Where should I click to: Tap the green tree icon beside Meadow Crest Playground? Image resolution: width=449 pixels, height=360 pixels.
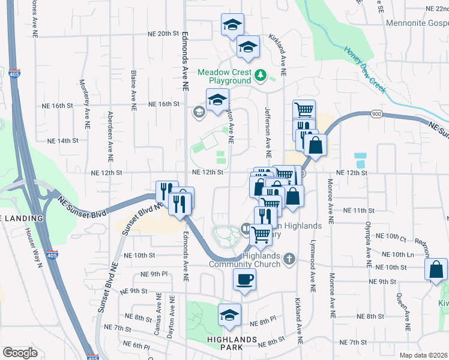pos(261,75)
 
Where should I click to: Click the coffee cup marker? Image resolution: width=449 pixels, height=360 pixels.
pos(244,279)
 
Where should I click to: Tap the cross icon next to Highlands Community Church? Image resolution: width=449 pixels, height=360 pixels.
pos(289,259)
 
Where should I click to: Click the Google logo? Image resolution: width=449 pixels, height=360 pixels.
pos(20,353)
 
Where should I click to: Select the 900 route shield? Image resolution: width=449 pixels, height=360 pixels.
pos(376,114)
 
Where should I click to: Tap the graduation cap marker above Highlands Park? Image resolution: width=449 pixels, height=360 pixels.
pos(229,315)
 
